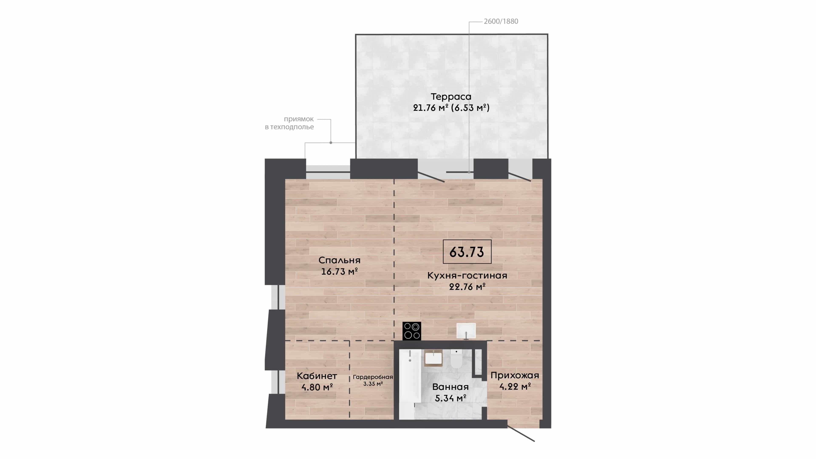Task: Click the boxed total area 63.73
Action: tap(467, 252)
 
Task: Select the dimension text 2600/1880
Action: tap(501, 21)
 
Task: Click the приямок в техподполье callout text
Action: tap(289, 123)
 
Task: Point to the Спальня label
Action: tap(339, 260)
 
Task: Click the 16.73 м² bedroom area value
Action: tap(339, 272)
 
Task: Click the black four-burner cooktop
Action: tap(412, 331)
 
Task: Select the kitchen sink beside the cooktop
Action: tap(466, 331)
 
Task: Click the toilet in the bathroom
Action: tap(456, 359)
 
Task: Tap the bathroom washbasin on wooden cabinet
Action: tap(433, 358)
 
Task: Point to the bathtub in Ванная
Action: tap(410, 384)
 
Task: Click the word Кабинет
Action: tap(317, 376)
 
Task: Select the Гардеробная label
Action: tap(373, 377)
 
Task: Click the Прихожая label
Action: tap(515, 375)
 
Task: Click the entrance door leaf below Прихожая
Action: tap(521, 434)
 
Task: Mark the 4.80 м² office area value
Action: tap(317, 387)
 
